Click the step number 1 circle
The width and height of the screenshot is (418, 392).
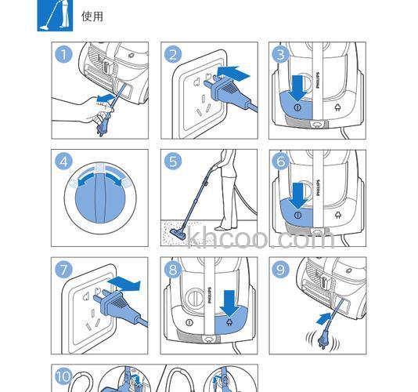pyautogui.click(x=63, y=54)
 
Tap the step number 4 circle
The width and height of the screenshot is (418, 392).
pyautogui.click(x=63, y=162)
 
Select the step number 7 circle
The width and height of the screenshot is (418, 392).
pyautogui.click(x=63, y=269)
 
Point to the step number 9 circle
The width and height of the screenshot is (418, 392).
pyautogui.click(x=280, y=270)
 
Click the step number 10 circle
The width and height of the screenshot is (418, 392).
pyautogui.click(x=63, y=376)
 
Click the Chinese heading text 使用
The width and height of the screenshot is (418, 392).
pyautogui.click(x=92, y=16)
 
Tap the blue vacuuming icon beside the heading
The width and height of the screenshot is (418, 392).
pyautogui.click(x=55, y=16)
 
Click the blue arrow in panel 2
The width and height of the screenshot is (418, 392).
pyautogui.click(x=233, y=73)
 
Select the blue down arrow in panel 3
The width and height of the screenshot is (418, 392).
pyautogui.click(x=297, y=88)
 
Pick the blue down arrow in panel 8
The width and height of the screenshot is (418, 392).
pyautogui.click(x=229, y=303)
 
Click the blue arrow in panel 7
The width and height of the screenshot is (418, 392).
pyautogui.click(x=124, y=284)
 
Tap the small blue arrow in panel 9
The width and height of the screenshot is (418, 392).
pyautogui.click(x=323, y=319)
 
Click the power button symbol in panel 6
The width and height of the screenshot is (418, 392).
pyautogui.click(x=297, y=216)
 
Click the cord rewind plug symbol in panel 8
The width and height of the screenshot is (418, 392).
pyautogui.click(x=229, y=323)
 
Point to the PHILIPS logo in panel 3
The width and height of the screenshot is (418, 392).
pyautogui.click(x=317, y=80)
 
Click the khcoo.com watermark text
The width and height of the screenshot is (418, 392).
pyautogui.click(x=261, y=237)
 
